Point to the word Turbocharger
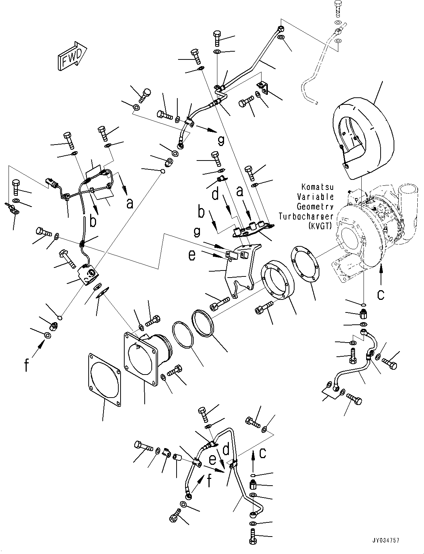pyautogui.click(x=306, y=217)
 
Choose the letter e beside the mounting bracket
pyautogui.click(x=192, y=256)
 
